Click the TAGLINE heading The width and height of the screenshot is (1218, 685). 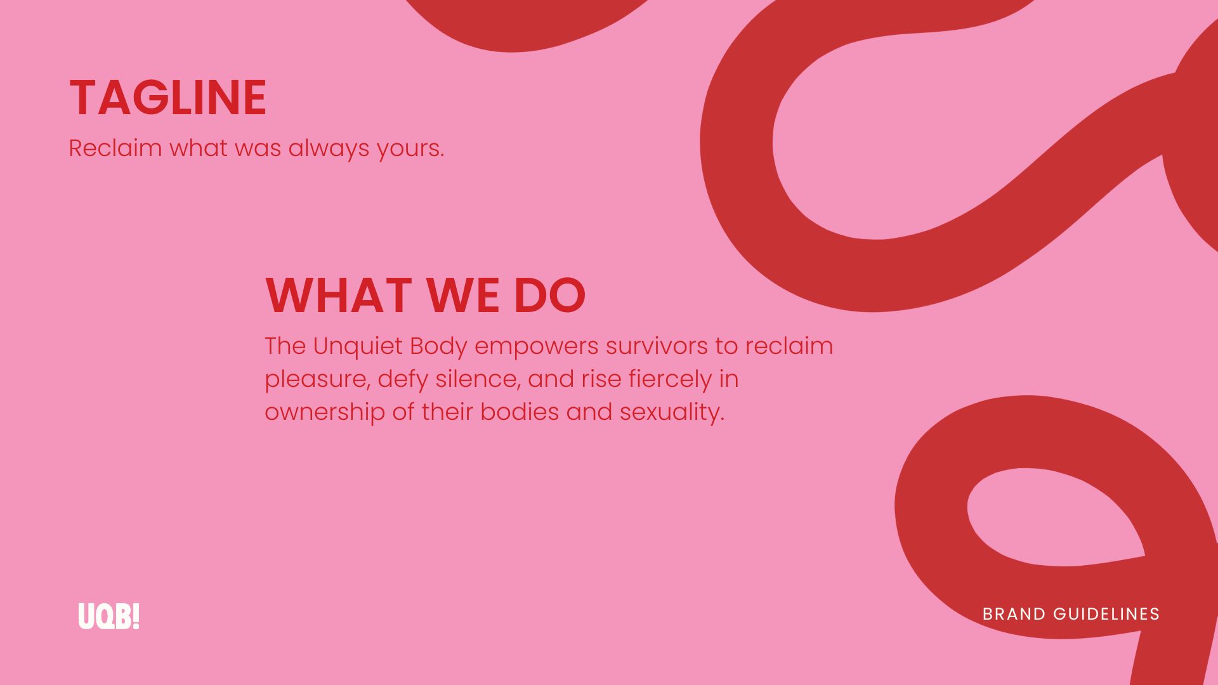pos(167,98)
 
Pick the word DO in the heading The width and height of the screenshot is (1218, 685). pos(549,296)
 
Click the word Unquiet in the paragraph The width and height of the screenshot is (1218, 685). pos(358,346)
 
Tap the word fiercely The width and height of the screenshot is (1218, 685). pos(671,380)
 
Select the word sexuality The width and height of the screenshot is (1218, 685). pos(672,412)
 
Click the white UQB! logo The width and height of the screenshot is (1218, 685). pos(108,616)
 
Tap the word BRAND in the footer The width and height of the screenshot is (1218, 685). pos(1014,614)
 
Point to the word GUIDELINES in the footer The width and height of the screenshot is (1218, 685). pos(1106,614)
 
